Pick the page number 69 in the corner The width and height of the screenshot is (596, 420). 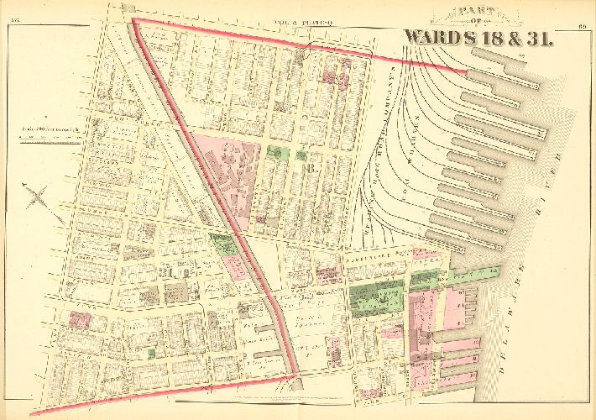pyautogui.click(x=582, y=8)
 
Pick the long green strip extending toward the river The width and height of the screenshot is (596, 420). pyautogui.click(x=471, y=273)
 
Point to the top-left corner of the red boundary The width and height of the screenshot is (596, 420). pyautogui.click(x=135, y=18)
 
